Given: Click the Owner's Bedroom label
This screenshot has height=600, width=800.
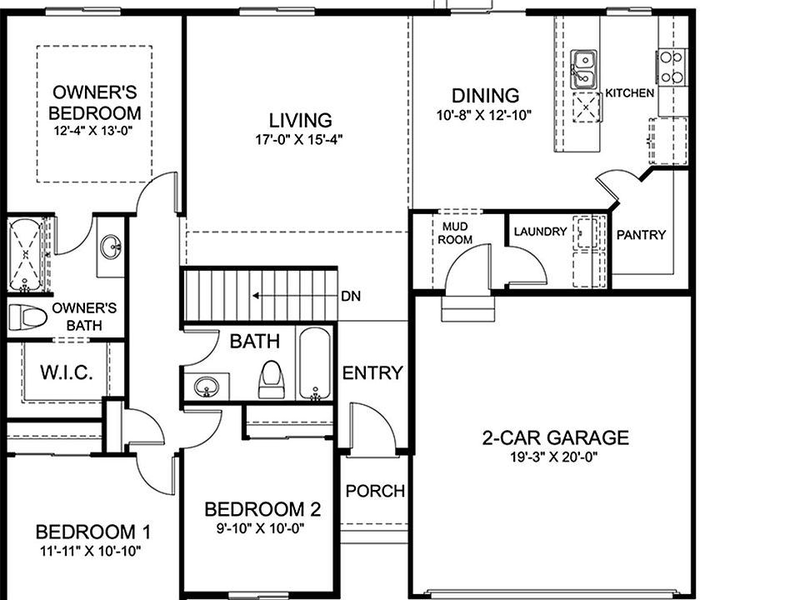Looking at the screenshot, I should (94, 102).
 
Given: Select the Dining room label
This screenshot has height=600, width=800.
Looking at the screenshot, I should (485, 96).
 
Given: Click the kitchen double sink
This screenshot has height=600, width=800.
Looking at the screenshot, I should (583, 69).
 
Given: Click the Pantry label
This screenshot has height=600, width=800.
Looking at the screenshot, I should (641, 235).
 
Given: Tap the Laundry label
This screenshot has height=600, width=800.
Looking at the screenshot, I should (540, 232).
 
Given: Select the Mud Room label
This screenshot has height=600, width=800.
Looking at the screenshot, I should (457, 232).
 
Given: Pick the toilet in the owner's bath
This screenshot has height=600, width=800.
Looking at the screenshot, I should (27, 317).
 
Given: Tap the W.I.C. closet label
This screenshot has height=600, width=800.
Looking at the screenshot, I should (66, 372).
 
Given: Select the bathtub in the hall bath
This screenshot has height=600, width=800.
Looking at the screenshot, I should (315, 364).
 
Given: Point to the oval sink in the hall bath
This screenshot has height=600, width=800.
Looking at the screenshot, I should (205, 387).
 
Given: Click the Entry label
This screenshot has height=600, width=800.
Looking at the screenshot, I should (372, 372).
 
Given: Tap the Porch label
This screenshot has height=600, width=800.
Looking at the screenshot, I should (375, 491).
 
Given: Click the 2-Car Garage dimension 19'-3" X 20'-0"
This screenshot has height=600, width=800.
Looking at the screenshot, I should (554, 457).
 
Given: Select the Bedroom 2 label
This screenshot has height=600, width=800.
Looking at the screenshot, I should (262, 509).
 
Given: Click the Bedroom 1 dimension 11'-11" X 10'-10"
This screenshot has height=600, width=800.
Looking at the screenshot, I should (88, 550).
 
